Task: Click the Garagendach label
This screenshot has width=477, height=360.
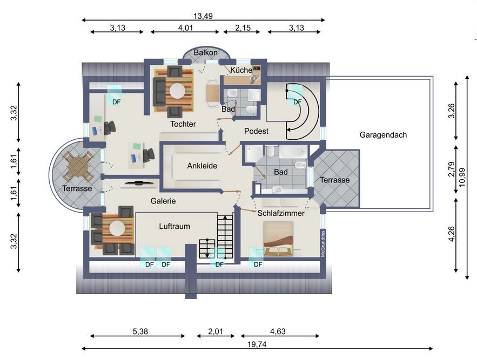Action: pos(383,135)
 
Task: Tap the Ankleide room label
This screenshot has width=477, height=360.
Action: pos(202,166)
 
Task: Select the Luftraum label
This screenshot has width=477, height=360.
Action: pos(174,226)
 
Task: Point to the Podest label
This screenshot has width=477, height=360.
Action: pos(256,131)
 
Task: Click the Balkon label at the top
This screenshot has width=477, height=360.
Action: pos(206,52)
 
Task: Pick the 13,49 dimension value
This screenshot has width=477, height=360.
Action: pos(203,16)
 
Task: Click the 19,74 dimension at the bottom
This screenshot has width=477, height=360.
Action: pos(257,344)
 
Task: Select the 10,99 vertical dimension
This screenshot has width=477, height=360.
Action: pos(462,177)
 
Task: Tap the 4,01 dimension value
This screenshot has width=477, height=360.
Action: pos(186,28)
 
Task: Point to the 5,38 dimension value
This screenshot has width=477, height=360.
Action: pos(140,331)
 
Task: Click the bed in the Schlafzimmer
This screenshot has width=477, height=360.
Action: pos(278,239)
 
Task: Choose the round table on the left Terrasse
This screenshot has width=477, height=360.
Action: pos(77,166)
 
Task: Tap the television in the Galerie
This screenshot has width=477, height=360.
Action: pos(139,183)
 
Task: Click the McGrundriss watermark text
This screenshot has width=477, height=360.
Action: pos(323,243)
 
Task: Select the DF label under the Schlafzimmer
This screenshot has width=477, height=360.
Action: pos(258,264)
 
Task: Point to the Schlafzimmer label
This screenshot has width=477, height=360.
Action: pos(281,213)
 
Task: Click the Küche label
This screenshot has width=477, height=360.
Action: pos(241,70)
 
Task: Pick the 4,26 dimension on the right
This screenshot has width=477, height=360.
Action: pos(452,234)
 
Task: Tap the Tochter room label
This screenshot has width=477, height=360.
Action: pos(183,124)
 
